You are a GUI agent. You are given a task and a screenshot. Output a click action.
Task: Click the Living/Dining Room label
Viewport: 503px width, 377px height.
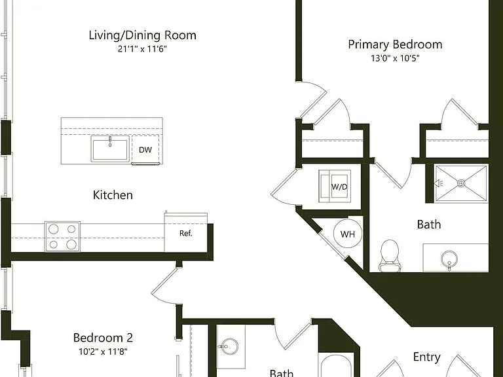pos(142,35)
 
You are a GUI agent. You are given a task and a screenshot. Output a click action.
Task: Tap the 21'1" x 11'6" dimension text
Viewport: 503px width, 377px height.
pos(142,49)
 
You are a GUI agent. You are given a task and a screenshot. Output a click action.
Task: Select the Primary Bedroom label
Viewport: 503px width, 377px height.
pos(395,45)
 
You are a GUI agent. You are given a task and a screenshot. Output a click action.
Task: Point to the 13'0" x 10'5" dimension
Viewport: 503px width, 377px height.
pos(395,58)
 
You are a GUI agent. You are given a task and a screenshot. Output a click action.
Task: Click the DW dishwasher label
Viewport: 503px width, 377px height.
pos(145,150)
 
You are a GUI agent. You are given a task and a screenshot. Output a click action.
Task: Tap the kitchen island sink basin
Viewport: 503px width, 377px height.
pos(110,149)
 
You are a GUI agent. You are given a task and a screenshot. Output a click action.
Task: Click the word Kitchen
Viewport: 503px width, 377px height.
pos(113,195)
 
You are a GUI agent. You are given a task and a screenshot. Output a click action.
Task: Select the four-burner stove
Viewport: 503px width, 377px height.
pos(62,236)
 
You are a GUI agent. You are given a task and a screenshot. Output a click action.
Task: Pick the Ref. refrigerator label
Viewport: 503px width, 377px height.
pos(186,234)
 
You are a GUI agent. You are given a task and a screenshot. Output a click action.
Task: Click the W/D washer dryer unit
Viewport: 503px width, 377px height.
pos(335,187)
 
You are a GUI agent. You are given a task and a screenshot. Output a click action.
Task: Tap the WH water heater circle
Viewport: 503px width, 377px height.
pos(348,234)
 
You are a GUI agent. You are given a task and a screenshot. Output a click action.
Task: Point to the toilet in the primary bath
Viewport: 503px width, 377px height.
pos(390,256)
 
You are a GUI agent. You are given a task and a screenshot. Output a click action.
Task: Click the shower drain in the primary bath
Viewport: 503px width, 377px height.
pos(461,183)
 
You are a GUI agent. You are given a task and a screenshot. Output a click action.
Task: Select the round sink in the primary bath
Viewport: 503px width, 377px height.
pos(449,258)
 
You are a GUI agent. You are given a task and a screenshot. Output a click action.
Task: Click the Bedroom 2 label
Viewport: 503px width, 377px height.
pos(103,338)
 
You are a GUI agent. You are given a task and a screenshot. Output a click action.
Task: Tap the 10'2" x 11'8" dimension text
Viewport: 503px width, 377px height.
pos(103,351)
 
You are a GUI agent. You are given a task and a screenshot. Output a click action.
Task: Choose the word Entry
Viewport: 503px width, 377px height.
pos(426,357)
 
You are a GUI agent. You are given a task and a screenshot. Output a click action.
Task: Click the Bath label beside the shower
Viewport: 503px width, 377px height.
pos(429,224)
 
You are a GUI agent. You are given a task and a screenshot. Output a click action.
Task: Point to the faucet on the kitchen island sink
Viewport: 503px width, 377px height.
pos(110,141)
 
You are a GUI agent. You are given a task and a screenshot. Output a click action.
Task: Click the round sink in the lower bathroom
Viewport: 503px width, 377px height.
pos(230,346)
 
